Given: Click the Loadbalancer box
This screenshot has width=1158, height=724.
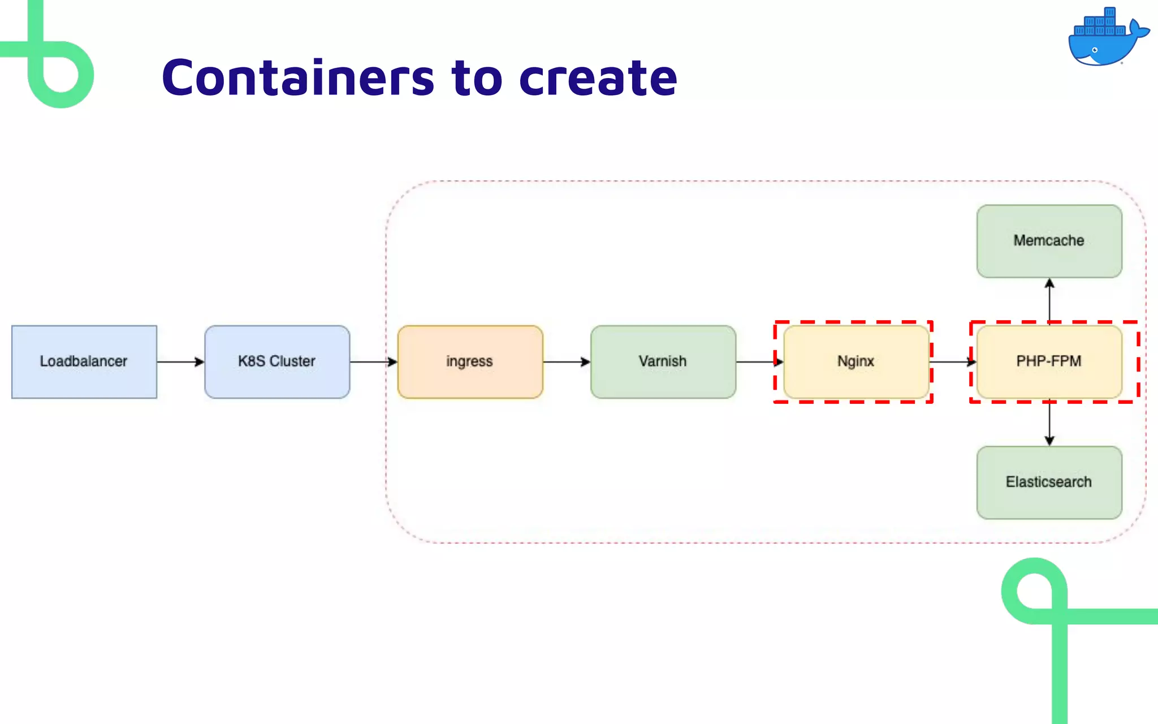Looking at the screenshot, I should click(x=84, y=361).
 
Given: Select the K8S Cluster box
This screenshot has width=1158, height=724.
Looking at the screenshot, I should click(x=277, y=361).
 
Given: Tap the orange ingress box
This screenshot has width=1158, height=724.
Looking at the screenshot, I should click(x=470, y=361).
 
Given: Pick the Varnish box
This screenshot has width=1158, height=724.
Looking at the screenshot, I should click(x=663, y=361).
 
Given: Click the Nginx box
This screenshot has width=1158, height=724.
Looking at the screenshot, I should click(x=855, y=361).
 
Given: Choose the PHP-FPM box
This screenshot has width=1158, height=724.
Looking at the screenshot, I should click(x=1049, y=361).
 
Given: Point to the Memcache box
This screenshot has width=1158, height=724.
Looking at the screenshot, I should click(x=1049, y=241).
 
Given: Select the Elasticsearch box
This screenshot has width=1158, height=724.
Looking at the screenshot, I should click(x=1049, y=482).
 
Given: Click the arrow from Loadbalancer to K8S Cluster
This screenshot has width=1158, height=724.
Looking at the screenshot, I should click(x=180, y=361).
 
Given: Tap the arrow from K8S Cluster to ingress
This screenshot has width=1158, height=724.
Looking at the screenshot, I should click(x=373, y=361).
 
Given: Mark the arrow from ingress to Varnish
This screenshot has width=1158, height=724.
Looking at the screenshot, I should click(x=567, y=361).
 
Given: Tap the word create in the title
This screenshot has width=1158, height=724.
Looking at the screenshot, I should click(x=598, y=77).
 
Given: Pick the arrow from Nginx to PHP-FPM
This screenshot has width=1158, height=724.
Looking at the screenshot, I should click(x=952, y=361).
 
